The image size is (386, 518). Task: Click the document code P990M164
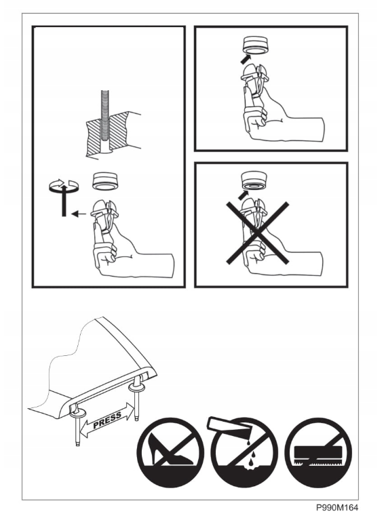(336, 507)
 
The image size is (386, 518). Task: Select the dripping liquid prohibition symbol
(244, 452)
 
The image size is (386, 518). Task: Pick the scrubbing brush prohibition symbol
(318, 452)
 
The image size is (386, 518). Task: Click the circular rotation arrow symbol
(64, 186)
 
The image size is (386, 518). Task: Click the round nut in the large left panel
(105, 181)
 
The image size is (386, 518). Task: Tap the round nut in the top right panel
(255, 45)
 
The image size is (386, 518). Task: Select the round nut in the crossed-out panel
(254, 181)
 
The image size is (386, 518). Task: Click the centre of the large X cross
(257, 233)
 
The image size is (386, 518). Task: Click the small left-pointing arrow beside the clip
(79, 214)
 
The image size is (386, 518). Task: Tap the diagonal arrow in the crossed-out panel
(244, 194)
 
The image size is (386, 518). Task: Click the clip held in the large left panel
(105, 216)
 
